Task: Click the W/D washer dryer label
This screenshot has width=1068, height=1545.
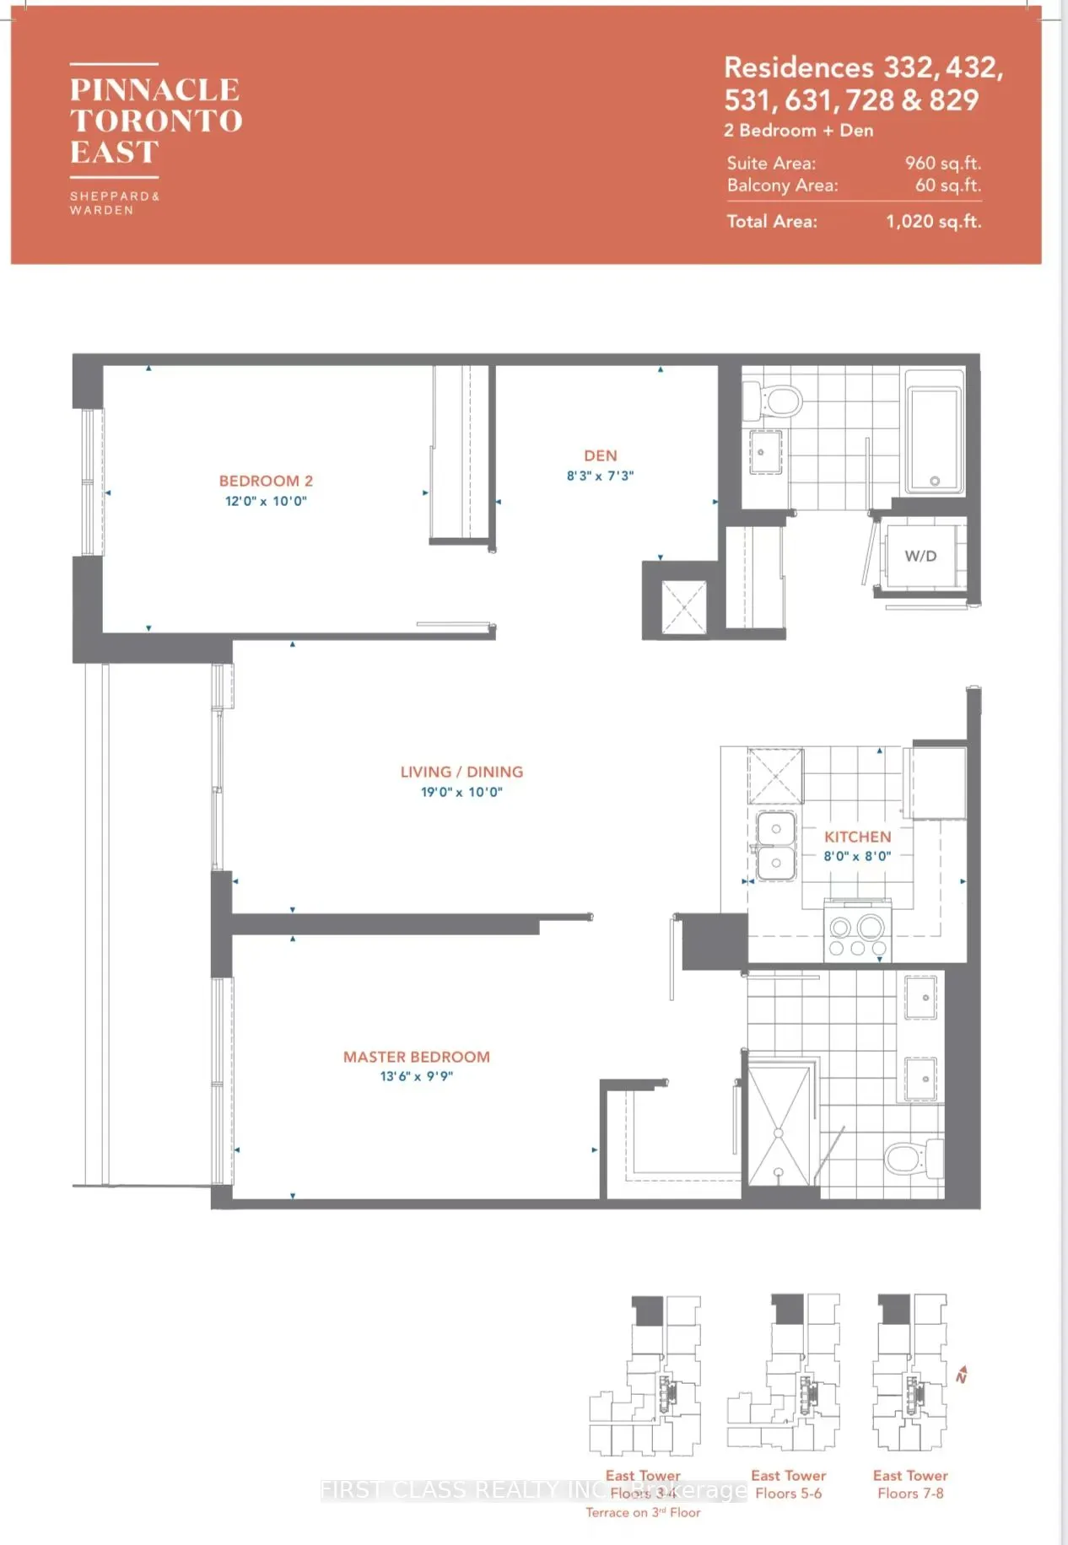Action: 920,556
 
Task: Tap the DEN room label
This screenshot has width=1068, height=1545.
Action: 600,455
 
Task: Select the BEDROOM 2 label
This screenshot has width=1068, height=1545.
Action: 266,481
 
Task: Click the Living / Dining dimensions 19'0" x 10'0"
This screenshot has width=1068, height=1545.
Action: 461,792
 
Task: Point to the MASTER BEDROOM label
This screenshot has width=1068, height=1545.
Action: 416,1057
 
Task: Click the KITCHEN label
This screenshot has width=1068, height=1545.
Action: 857,837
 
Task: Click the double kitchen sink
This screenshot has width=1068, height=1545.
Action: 775,846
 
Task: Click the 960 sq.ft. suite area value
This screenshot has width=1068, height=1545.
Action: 942,163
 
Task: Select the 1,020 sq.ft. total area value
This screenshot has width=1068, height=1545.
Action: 933,221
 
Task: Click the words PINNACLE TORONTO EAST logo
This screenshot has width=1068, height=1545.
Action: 156,121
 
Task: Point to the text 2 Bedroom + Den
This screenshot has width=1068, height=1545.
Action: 798,131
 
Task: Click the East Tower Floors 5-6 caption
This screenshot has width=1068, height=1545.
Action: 788,1484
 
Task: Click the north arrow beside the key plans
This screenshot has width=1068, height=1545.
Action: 961,1375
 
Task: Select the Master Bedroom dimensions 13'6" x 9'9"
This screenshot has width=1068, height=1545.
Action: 416,1076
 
